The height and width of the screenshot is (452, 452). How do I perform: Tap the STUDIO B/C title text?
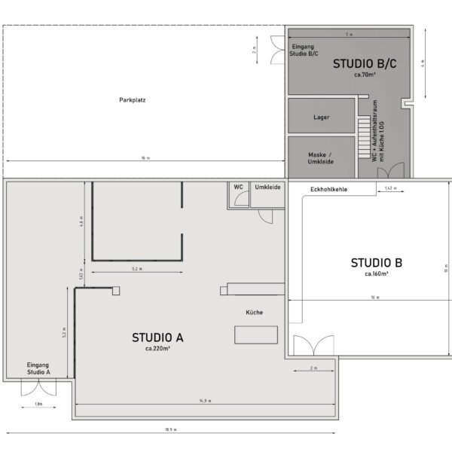tap(365, 65)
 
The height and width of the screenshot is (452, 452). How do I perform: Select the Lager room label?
tap(321, 117)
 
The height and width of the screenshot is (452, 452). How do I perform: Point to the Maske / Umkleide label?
tap(321, 157)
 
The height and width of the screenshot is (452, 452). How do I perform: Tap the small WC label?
tap(238, 186)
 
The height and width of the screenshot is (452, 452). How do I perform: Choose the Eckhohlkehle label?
tap(329, 190)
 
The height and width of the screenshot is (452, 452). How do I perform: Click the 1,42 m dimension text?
tap(389, 187)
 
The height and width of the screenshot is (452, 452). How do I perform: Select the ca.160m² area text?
tap(376, 274)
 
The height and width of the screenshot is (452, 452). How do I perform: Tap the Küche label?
tap(254, 312)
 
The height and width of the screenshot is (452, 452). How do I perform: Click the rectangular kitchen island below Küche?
tap(257, 334)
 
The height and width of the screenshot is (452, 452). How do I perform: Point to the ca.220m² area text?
tap(157, 349)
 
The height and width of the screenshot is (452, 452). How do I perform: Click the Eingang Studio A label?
tap(38, 368)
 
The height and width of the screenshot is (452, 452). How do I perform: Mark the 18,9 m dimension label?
tap(170, 429)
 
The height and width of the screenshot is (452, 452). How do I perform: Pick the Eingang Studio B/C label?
tap(304, 50)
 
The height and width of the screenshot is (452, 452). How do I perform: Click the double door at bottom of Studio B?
tap(312, 346)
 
